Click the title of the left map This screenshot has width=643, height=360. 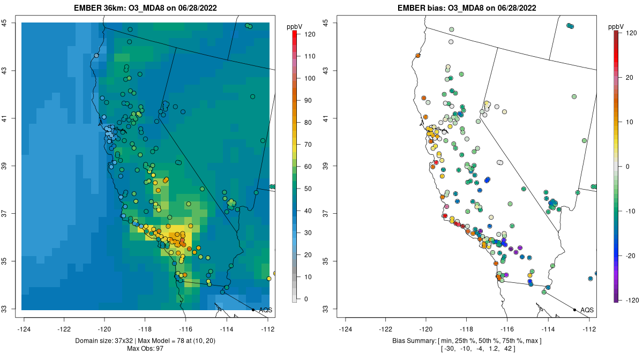point(146,8)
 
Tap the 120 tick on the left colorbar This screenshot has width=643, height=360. point(309,34)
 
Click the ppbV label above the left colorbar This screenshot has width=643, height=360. point(295,26)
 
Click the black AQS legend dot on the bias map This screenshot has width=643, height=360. point(574,310)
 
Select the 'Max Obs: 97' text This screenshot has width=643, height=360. point(145,349)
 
